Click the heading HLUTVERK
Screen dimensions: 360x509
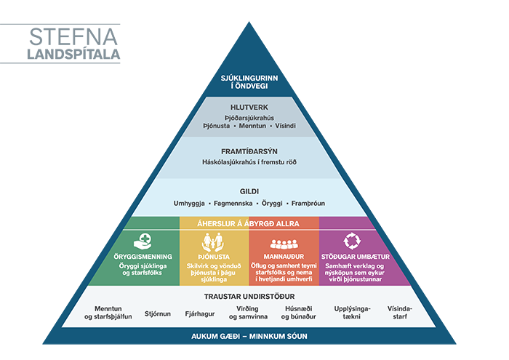(x=249, y=108)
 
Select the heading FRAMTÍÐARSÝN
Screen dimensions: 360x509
(x=249, y=151)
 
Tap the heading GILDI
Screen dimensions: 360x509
(x=249, y=191)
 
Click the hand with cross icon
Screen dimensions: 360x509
(x=143, y=240)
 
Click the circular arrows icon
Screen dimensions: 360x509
(x=353, y=240)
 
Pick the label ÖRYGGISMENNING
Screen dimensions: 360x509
(x=143, y=257)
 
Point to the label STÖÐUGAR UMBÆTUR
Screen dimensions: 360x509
(x=355, y=257)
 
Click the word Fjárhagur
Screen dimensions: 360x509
(x=200, y=313)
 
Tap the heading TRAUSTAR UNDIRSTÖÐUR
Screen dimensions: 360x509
(x=249, y=297)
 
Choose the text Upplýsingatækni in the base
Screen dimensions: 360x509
(x=352, y=313)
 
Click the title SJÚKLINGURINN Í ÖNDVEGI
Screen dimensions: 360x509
(x=249, y=82)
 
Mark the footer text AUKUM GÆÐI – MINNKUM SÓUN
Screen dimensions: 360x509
(x=249, y=337)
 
